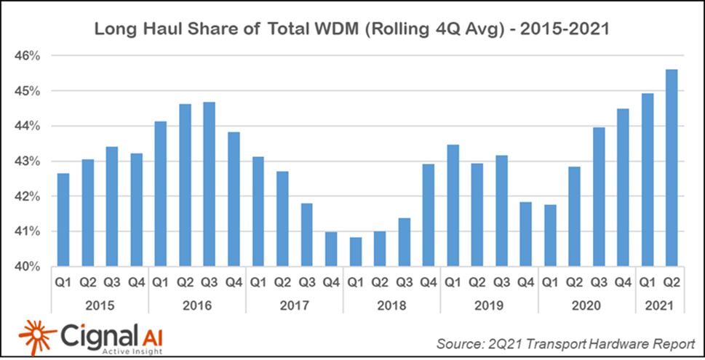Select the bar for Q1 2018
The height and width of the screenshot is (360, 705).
coord(354,252)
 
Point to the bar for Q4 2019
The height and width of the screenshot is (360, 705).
coord(525,233)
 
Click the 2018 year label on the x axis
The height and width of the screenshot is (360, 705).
coord(391,305)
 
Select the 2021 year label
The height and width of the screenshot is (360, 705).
coord(658,305)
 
